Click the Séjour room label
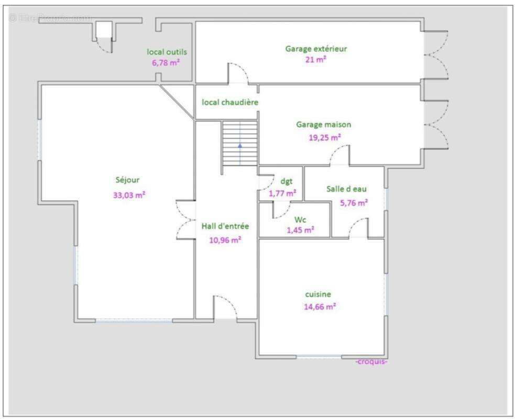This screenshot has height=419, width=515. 127,180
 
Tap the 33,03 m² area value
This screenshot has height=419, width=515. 129,195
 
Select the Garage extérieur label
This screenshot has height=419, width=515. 316,49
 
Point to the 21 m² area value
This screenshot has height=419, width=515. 315,59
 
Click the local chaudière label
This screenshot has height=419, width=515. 230,102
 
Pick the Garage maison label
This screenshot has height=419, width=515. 324,125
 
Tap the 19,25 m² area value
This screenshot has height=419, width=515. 324,137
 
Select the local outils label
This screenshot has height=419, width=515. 167,51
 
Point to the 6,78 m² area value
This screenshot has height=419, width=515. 166,62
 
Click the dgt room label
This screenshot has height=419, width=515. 287,181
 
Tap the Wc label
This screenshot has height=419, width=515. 300,219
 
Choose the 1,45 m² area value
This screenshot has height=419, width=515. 300,230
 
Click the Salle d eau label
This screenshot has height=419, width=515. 346,189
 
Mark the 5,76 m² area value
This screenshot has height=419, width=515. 354,203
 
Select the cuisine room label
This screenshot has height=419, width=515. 318,294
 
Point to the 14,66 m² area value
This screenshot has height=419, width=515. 320,307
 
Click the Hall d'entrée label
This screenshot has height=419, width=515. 225,226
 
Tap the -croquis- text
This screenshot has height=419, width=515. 371,361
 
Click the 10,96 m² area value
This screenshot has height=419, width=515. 225,240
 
